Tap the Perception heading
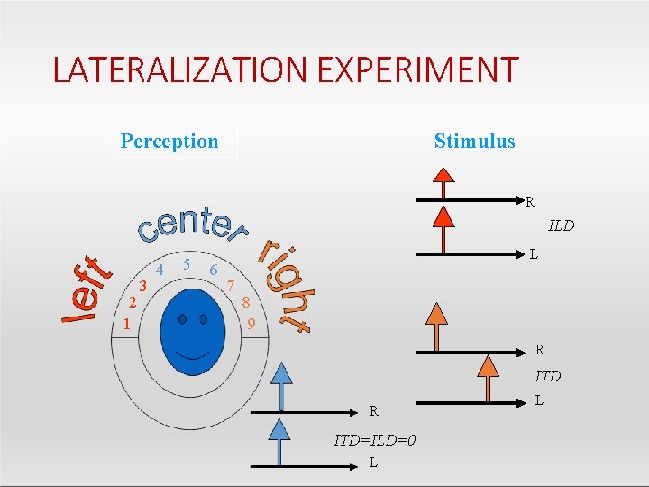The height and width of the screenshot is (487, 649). coord(169,142)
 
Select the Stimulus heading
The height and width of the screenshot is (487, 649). coord(474,142)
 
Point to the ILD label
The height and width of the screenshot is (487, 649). coord(561,225)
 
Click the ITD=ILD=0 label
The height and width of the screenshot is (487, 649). coord(375,440)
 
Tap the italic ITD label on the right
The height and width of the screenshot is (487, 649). coord(547,376)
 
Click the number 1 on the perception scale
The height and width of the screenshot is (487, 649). coord(128,323)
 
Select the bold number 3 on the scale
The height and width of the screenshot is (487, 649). coord(142,286)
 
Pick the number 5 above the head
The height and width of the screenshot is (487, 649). coord(186,265)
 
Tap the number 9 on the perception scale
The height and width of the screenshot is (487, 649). coord(252,323)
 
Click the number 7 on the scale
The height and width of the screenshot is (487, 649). coord(232,286)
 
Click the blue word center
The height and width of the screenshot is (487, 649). coord(192,225)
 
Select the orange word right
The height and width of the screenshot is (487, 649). coord(285,285)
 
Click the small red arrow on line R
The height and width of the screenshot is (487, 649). coord(443,187)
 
